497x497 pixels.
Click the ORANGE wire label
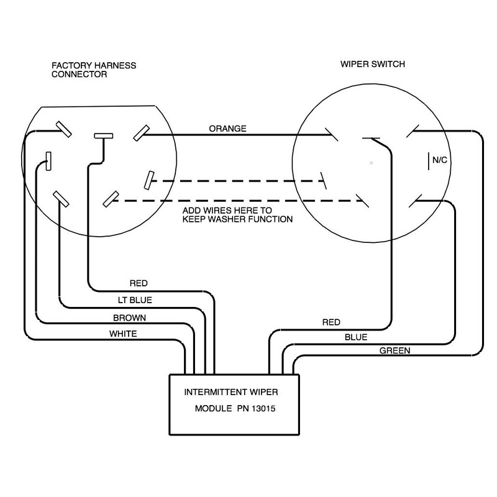pyautogui.click(x=227, y=129)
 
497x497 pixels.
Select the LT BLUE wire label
pyautogui.click(x=135, y=300)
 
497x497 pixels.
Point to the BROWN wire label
pyautogui.click(x=129, y=317)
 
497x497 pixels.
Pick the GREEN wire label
pyautogui.click(x=394, y=351)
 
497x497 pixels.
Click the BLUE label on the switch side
pyautogui.click(x=355, y=337)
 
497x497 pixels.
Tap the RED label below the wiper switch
pyautogui.click(x=331, y=322)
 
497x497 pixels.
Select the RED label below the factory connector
pyautogui.click(x=138, y=283)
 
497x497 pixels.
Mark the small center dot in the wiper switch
pyautogui.click(x=371, y=163)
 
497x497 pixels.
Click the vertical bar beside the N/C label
pyautogui.click(x=427, y=160)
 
